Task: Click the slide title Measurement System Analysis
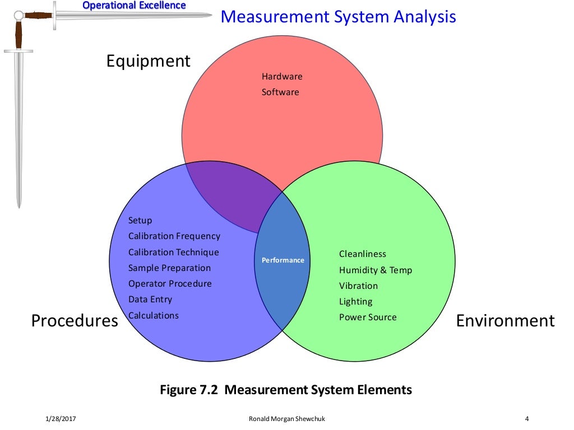[x=338, y=16]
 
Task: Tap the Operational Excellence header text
[x=134, y=6]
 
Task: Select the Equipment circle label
[x=149, y=60]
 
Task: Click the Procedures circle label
[x=75, y=321]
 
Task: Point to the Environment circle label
[x=505, y=321]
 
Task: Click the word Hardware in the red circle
[x=282, y=76]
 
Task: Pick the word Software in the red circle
[x=280, y=92]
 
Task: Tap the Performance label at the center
[x=283, y=260]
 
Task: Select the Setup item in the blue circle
[x=140, y=220]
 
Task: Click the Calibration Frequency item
[x=174, y=236]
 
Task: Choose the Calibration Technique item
[x=174, y=252]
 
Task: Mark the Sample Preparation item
[x=169, y=268]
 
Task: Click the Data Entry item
[x=150, y=300]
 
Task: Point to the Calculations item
[x=154, y=315]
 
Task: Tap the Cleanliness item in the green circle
[x=363, y=254]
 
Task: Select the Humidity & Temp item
[x=376, y=270]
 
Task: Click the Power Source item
[x=368, y=317]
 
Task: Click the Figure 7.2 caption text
[x=286, y=390]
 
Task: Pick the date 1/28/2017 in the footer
[x=60, y=419]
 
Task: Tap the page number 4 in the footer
[x=527, y=419]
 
